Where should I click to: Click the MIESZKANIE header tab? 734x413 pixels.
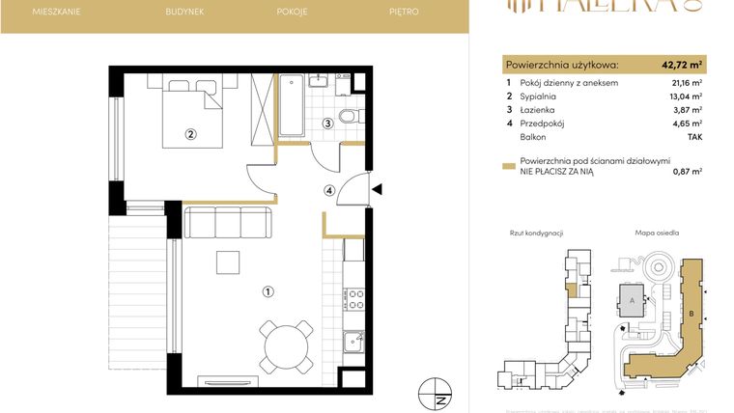[x=56, y=13]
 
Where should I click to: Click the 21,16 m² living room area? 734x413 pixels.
[x=687, y=84]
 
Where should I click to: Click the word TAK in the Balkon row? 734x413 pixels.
[x=694, y=138]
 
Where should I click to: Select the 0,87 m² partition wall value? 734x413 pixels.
[x=689, y=170]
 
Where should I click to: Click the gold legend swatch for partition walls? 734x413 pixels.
[x=508, y=167]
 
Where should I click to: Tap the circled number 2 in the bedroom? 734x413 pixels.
[x=191, y=134]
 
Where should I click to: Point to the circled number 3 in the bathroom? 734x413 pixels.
[x=327, y=124]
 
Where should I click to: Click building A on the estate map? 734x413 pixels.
[x=633, y=301]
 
